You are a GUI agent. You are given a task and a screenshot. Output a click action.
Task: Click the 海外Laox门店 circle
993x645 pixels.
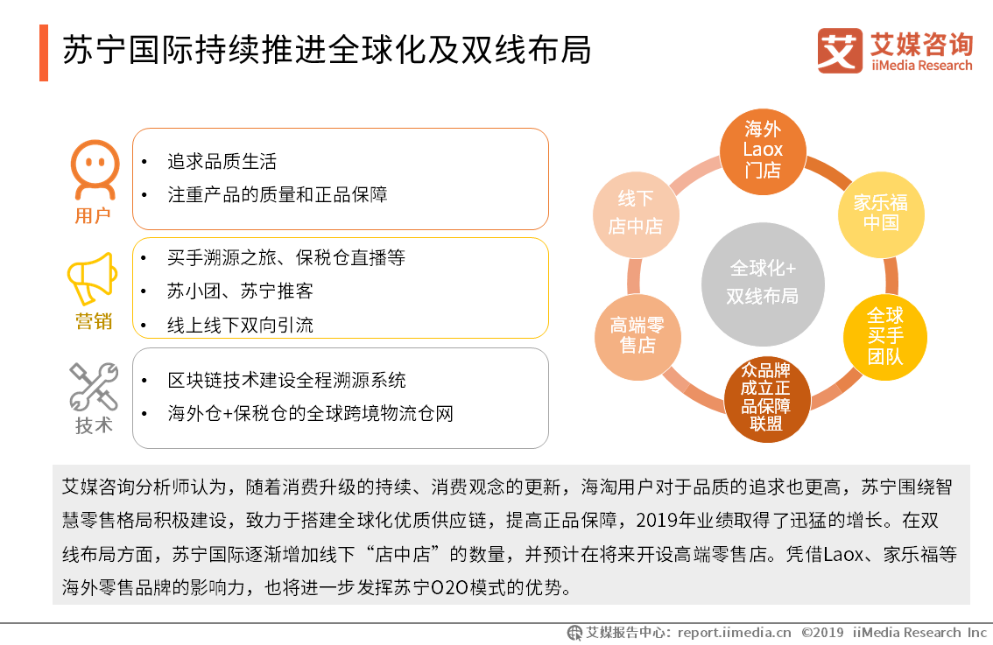tap(763, 150)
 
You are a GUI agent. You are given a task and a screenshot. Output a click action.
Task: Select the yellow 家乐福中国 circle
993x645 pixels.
tap(881, 213)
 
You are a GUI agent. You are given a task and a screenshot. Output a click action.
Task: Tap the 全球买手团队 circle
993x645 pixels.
tap(885, 336)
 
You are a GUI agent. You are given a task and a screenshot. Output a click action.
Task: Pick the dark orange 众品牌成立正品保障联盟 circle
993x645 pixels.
tap(767, 396)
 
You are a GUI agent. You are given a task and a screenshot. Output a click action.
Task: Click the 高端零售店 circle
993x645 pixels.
tap(637, 336)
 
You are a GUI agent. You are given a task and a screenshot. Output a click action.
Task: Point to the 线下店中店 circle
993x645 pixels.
tap(635, 213)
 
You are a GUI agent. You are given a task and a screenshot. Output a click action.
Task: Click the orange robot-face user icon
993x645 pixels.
tap(94, 170)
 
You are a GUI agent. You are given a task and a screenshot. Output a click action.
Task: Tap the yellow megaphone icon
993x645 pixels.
tap(93, 278)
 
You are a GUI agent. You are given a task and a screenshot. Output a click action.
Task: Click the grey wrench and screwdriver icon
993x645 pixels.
tap(94, 387)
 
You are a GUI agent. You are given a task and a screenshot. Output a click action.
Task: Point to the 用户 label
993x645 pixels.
tap(94, 215)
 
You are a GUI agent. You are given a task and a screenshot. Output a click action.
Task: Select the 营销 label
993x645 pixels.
tap(94, 321)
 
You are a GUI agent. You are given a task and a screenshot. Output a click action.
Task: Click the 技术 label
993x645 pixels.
tap(94, 426)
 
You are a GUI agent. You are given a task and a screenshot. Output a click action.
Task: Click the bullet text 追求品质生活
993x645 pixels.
tap(222, 162)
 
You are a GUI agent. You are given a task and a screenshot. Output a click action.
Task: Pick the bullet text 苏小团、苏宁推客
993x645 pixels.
tap(240, 291)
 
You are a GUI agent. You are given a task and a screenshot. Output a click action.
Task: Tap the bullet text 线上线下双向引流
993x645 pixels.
tap(240, 325)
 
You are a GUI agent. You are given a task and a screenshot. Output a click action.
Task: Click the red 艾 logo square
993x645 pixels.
tap(840, 51)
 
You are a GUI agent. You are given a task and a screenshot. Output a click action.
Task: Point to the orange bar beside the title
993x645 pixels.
tap(44, 53)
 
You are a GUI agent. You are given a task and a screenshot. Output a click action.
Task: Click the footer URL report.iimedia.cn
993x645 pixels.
tap(734, 632)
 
